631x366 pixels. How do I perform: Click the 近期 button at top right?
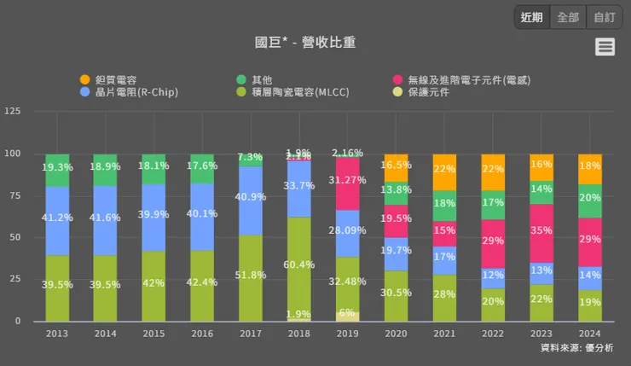pos(532,17)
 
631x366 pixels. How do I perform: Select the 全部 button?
pos(568,17)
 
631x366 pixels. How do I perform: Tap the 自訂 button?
pos(605,17)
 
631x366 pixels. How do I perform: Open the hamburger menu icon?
pos(605,47)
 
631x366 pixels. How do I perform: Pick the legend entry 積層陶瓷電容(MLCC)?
pos(292,91)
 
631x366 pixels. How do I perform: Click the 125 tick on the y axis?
pos(13,112)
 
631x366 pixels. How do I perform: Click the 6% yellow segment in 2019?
pos(347,316)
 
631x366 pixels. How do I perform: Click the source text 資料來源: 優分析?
pos(576,348)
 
